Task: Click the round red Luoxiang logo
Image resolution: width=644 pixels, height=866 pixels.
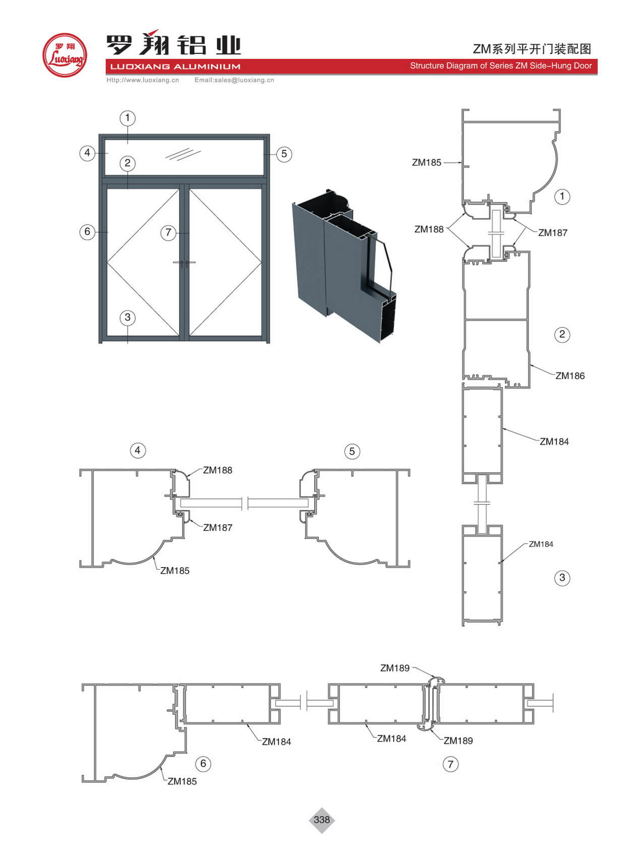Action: [65, 55]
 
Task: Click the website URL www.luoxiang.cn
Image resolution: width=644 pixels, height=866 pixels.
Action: [143, 80]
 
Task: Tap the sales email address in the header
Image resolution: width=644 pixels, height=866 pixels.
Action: [235, 80]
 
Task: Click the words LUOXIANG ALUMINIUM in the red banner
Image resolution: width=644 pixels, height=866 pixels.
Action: [175, 67]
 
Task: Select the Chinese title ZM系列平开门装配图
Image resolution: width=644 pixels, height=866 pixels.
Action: [532, 49]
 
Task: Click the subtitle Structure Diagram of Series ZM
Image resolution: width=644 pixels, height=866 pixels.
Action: [500, 66]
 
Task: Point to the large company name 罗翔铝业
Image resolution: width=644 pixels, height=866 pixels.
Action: [173, 44]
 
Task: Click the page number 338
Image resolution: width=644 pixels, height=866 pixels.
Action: [322, 820]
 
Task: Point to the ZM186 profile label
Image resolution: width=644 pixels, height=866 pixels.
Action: [570, 376]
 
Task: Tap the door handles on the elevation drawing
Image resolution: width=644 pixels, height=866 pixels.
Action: [184, 263]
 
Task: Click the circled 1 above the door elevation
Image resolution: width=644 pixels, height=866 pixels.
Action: [128, 118]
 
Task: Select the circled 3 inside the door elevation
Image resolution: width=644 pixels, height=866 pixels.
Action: [128, 318]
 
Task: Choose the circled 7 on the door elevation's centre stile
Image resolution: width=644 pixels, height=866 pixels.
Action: [168, 233]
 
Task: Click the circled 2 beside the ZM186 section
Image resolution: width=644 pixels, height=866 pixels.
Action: [562, 335]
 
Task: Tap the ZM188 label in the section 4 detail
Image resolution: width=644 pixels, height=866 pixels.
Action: [217, 470]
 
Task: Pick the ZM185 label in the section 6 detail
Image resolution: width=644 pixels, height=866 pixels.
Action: [182, 781]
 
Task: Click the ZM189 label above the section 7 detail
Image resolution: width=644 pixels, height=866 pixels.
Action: [395, 668]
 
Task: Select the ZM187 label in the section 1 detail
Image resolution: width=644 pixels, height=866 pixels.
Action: [553, 233]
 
